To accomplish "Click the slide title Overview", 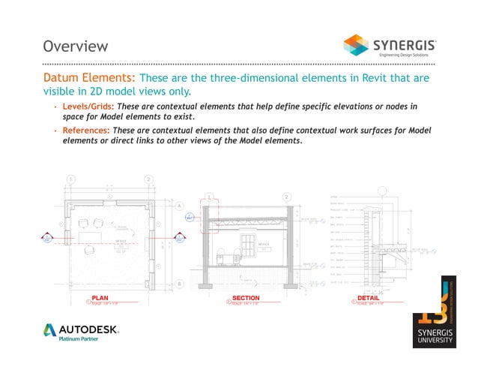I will (76, 47).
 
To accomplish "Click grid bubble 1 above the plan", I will (71, 179).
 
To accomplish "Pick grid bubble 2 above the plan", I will (149, 179).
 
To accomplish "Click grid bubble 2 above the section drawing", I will (287, 197).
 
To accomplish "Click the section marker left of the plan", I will (47, 239).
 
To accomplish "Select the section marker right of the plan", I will (180, 239).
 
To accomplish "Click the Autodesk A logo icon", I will (50, 330).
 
